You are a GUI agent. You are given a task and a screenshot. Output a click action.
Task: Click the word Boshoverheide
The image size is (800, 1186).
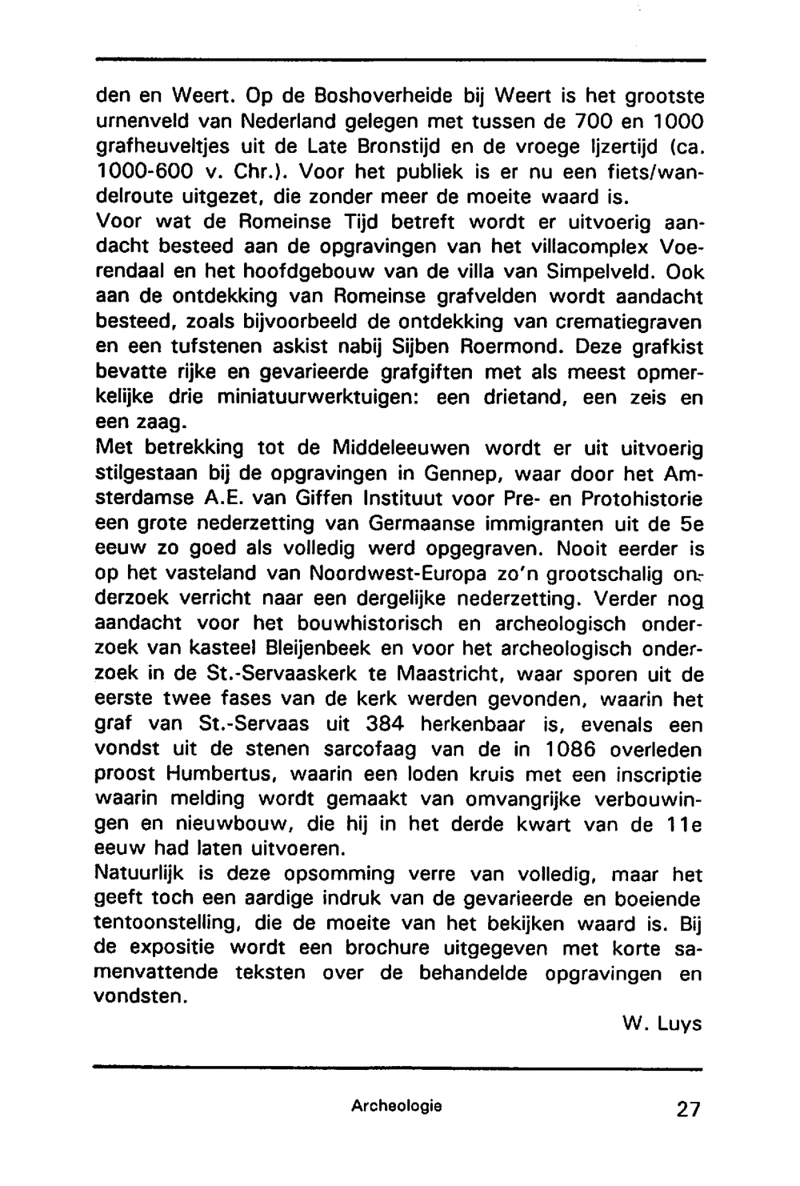coord(382,97)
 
